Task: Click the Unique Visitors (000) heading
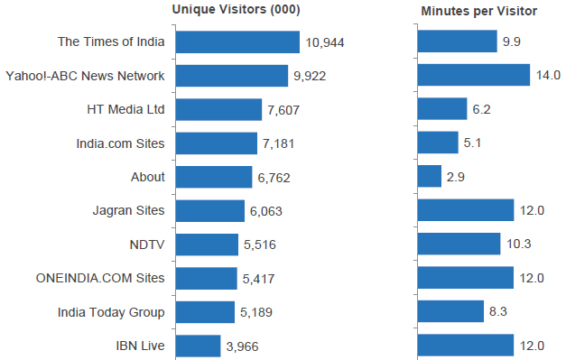point(236,11)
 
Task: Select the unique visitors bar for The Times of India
point(237,42)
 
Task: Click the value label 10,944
point(325,42)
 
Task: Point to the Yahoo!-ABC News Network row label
point(85,76)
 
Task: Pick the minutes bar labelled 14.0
point(473,75)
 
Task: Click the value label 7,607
point(283,110)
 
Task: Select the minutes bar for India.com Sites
point(438,143)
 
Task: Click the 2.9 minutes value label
point(456,178)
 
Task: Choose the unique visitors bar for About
point(213,177)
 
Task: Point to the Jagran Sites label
point(128,210)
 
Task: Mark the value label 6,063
point(267,211)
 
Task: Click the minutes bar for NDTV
point(459,244)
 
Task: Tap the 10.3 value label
point(518,245)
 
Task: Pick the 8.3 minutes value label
point(498,312)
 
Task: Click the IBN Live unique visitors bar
point(198,346)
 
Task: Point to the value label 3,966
point(245,346)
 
